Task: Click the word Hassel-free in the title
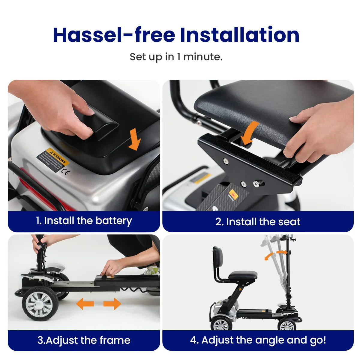(114, 35)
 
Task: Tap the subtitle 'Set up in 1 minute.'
(176, 57)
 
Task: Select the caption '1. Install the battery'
(84, 221)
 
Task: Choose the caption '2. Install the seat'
(258, 222)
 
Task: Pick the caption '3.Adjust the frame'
(84, 340)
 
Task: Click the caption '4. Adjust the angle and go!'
(258, 340)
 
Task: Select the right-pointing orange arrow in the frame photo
(112, 304)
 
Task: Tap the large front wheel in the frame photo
(40, 303)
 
